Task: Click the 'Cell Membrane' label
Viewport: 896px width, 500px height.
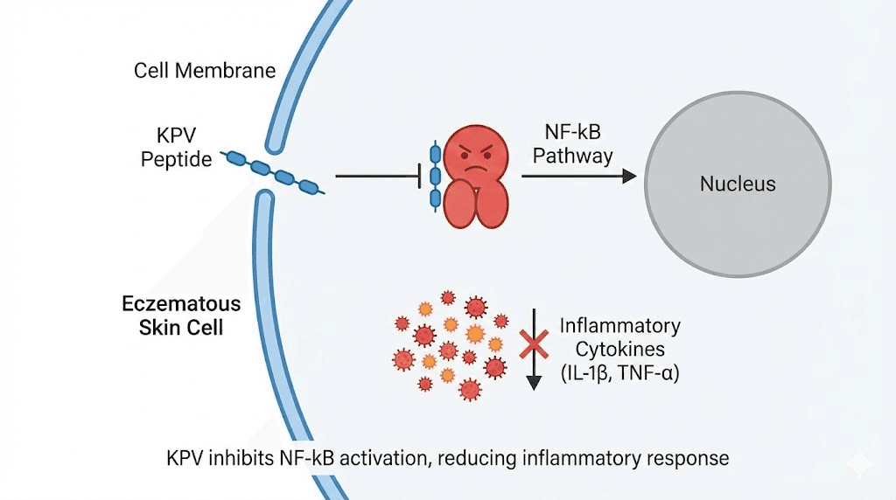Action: coord(205,71)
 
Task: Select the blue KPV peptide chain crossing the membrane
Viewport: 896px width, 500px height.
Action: coord(273,170)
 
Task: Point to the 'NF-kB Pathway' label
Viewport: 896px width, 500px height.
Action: coord(573,144)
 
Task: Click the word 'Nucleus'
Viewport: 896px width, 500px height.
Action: coord(738,184)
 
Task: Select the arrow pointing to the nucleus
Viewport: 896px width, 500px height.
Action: coord(578,176)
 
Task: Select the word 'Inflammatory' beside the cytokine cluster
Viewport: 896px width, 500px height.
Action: coord(619,326)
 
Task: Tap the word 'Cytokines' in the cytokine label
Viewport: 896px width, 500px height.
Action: coord(619,351)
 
